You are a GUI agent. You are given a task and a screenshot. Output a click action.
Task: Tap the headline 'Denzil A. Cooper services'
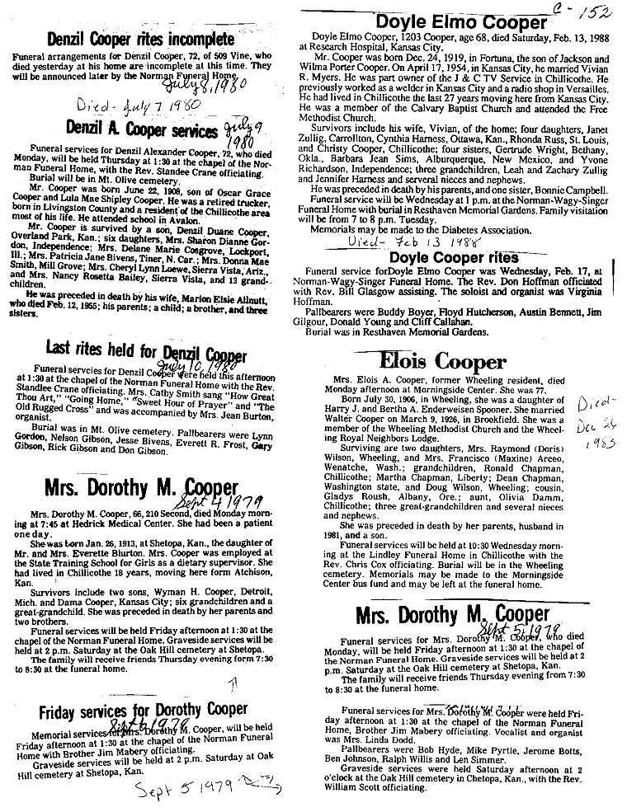pos(136,129)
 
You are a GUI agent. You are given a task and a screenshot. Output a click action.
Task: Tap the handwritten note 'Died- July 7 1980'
pos(139,107)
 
